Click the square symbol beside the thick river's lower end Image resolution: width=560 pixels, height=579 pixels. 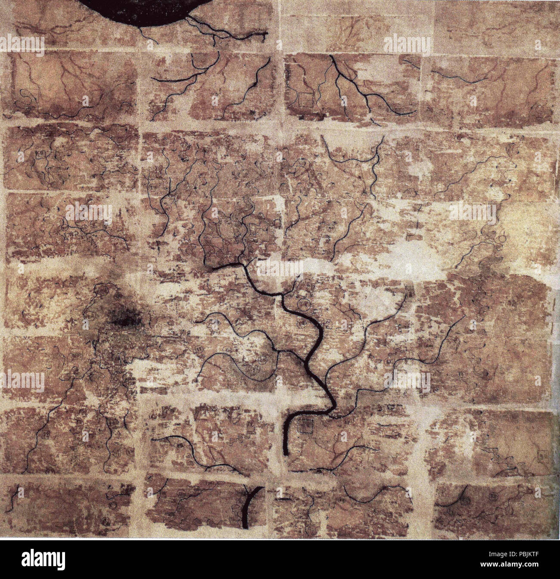point(306,426)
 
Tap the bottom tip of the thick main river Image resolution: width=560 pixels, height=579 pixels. point(286,453)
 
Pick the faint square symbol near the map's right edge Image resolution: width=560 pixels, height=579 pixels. point(542,454)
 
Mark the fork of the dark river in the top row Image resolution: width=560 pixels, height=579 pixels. point(340,73)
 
